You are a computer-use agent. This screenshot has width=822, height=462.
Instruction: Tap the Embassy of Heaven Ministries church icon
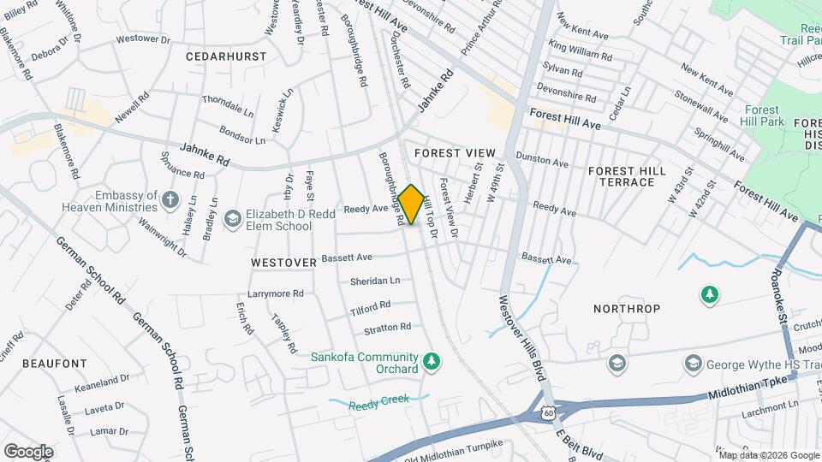[x=170, y=201]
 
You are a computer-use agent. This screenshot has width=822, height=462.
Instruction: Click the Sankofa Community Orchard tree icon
[x=432, y=362]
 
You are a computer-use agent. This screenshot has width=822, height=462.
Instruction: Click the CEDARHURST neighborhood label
[x=226, y=56]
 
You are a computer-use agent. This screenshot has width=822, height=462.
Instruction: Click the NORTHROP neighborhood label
[x=624, y=306]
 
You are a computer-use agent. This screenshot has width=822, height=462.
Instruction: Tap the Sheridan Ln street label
[x=375, y=281]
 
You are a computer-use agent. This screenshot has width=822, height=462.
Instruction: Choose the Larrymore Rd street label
[x=276, y=293]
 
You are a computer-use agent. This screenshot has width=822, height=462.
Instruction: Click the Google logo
[x=28, y=451]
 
